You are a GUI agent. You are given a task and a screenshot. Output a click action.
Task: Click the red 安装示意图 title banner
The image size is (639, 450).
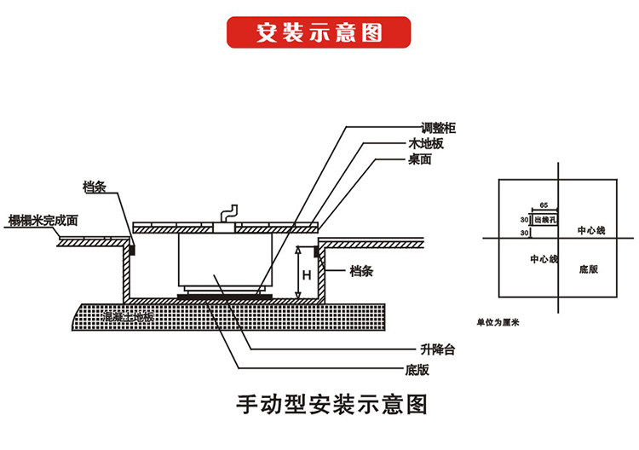tap(319, 32)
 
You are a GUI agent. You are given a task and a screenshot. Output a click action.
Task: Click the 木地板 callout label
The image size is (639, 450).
tap(426, 143)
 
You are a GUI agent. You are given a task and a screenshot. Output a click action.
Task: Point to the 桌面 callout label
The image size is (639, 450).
tap(420, 159)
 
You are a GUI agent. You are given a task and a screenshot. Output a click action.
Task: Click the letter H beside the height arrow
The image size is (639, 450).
tap(306, 274)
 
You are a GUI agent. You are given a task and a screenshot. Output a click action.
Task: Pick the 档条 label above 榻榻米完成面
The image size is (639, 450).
tap(94, 187)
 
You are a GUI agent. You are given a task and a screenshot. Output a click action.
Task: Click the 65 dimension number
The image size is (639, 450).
tap(543, 207)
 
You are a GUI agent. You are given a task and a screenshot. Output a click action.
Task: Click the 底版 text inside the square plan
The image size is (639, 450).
tap(588, 268)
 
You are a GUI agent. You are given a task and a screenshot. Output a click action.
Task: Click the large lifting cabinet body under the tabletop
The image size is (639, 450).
tap(224, 264)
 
